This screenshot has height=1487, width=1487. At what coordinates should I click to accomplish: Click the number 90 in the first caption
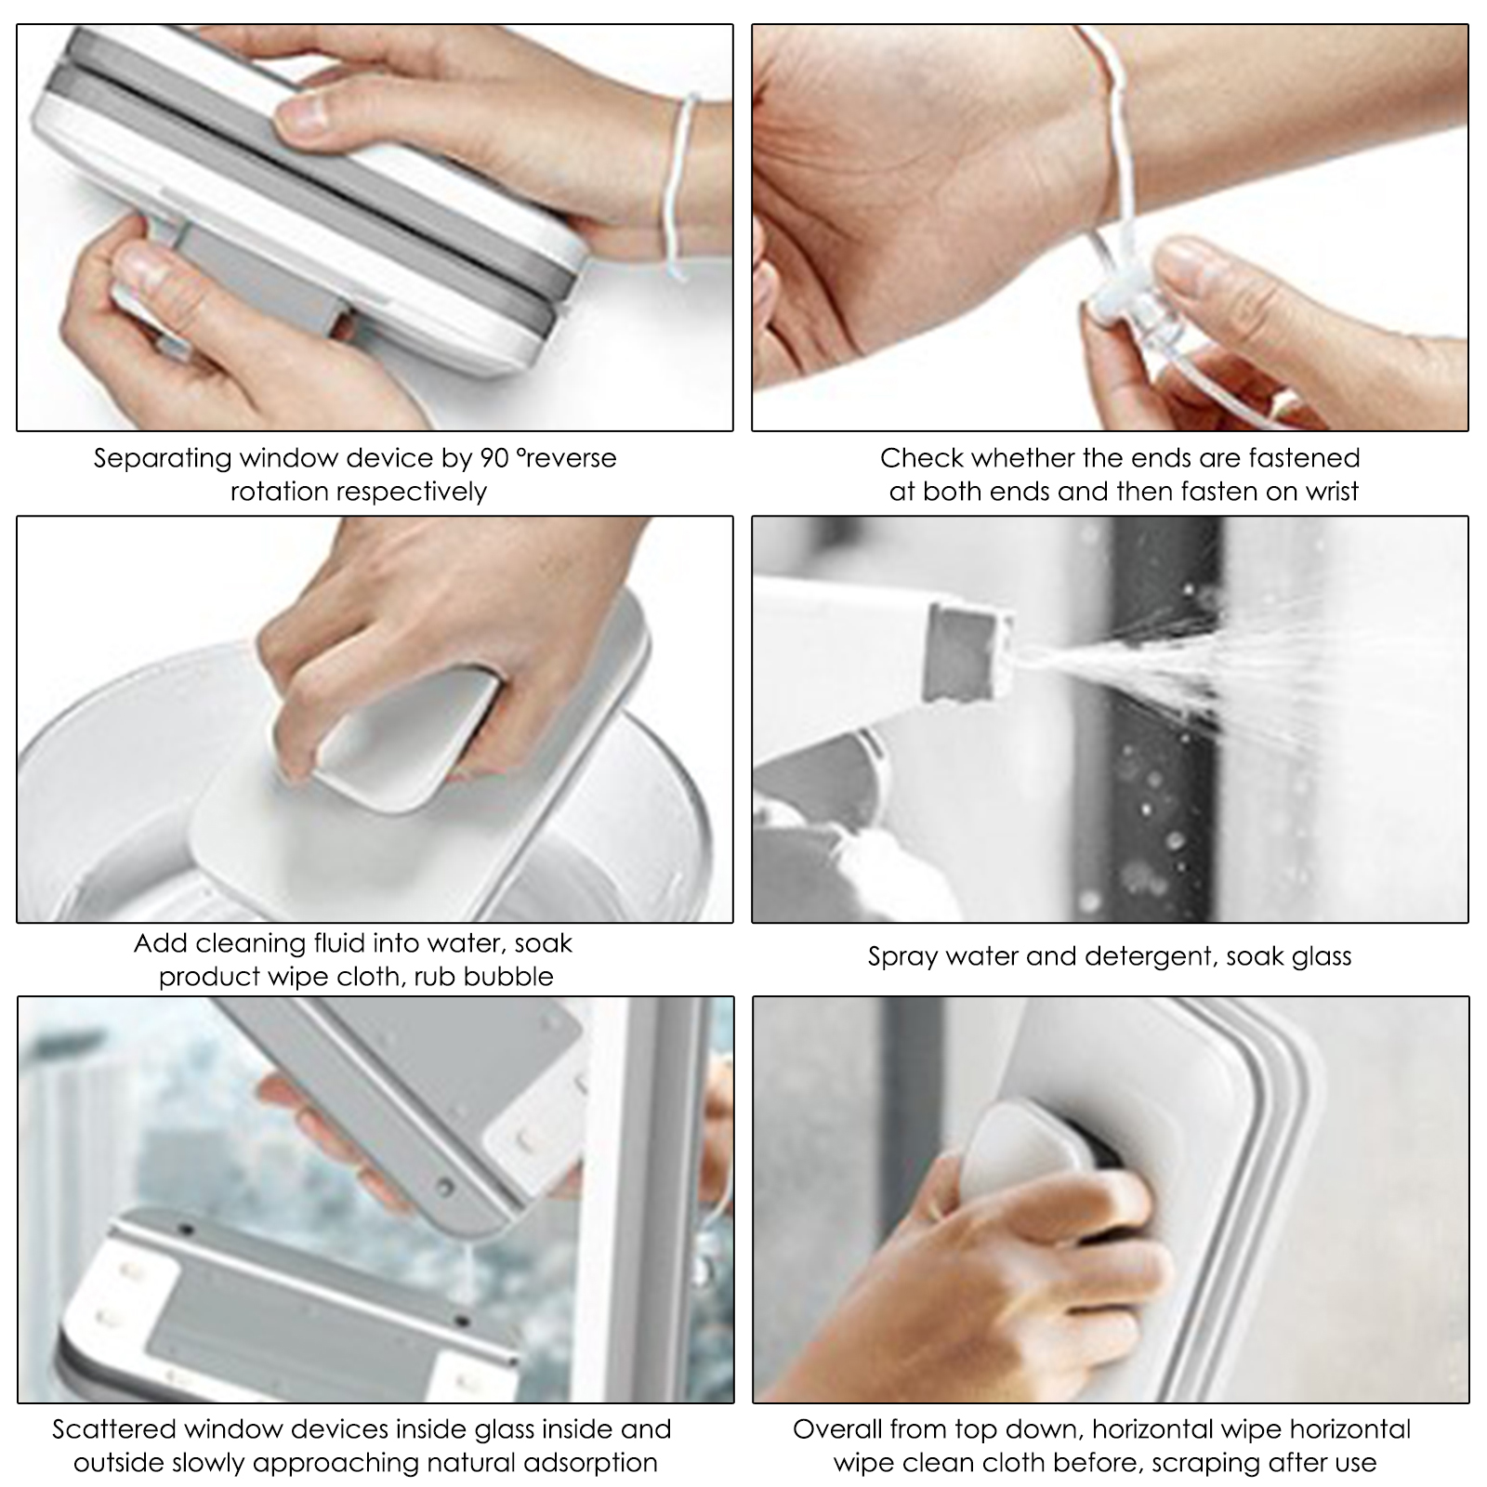(x=494, y=458)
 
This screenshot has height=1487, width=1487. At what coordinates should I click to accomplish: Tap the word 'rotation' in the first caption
(x=278, y=492)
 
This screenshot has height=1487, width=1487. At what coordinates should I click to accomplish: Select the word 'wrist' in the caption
(x=1332, y=492)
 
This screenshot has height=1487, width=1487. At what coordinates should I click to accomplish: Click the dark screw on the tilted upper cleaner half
(x=445, y=1187)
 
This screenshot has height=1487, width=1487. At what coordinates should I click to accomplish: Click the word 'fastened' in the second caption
(x=1304, y=458)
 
